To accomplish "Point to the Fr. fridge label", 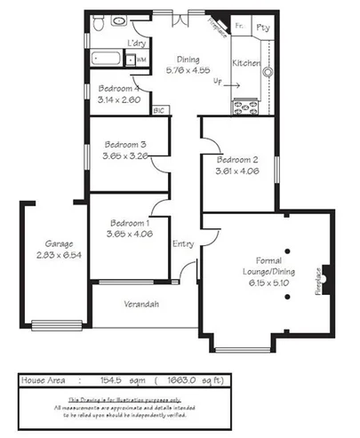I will tap(240, 28).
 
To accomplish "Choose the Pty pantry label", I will tap(263, 28).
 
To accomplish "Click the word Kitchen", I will tap(245, 64).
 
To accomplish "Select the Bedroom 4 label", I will tap(118, 89).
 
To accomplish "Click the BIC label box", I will tap(160, 110).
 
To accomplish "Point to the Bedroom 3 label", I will tap(124, 144).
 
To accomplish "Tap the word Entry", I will tap(183, 243).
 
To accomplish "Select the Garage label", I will tap(60, 243).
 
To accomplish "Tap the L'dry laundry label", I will tap(136, 43).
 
